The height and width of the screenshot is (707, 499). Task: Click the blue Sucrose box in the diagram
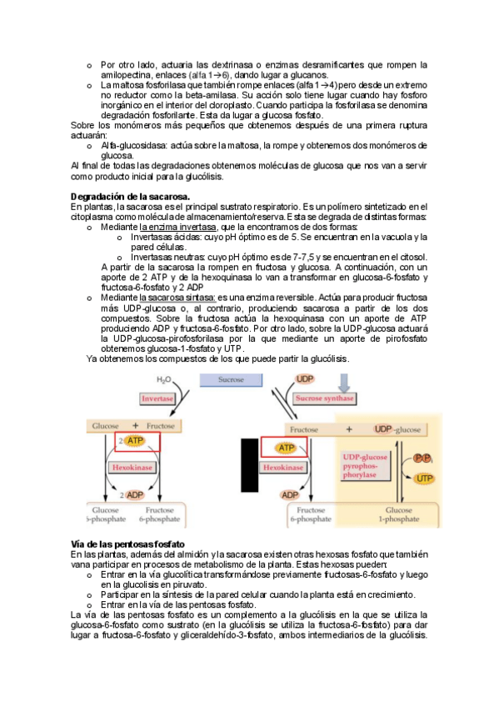click(x=231, y=379)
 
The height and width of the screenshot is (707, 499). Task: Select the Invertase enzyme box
click(x=157, y=399)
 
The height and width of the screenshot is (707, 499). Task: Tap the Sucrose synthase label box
click(x=325, y=399)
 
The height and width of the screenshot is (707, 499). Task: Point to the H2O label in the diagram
click(x=163, y=380)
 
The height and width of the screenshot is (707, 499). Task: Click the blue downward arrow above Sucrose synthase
click(x=344, y=383)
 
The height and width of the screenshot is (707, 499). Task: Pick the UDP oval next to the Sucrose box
click(x=305, y=379)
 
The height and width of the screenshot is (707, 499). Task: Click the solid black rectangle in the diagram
click(x=250, y=465)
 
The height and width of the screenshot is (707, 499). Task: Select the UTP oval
click(x=424, y=479)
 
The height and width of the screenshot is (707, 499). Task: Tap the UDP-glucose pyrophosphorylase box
click(x=365, y=466)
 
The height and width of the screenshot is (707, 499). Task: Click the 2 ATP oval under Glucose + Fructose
click(x=135, y=441)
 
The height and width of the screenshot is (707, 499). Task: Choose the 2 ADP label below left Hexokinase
click(x=132, y=495)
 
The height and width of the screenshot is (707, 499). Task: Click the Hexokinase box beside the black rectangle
click(x=283, y=468)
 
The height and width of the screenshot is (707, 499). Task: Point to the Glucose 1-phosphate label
click(x=398, y=514)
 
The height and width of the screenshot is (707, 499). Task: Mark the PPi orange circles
click(x=423, y=459)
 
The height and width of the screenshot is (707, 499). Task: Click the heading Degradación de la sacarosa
click(x=130, y=197)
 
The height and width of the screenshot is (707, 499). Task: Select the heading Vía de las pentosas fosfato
click(x=127, y=544)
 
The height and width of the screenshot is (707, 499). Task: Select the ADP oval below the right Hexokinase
click(x=290, y=495)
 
